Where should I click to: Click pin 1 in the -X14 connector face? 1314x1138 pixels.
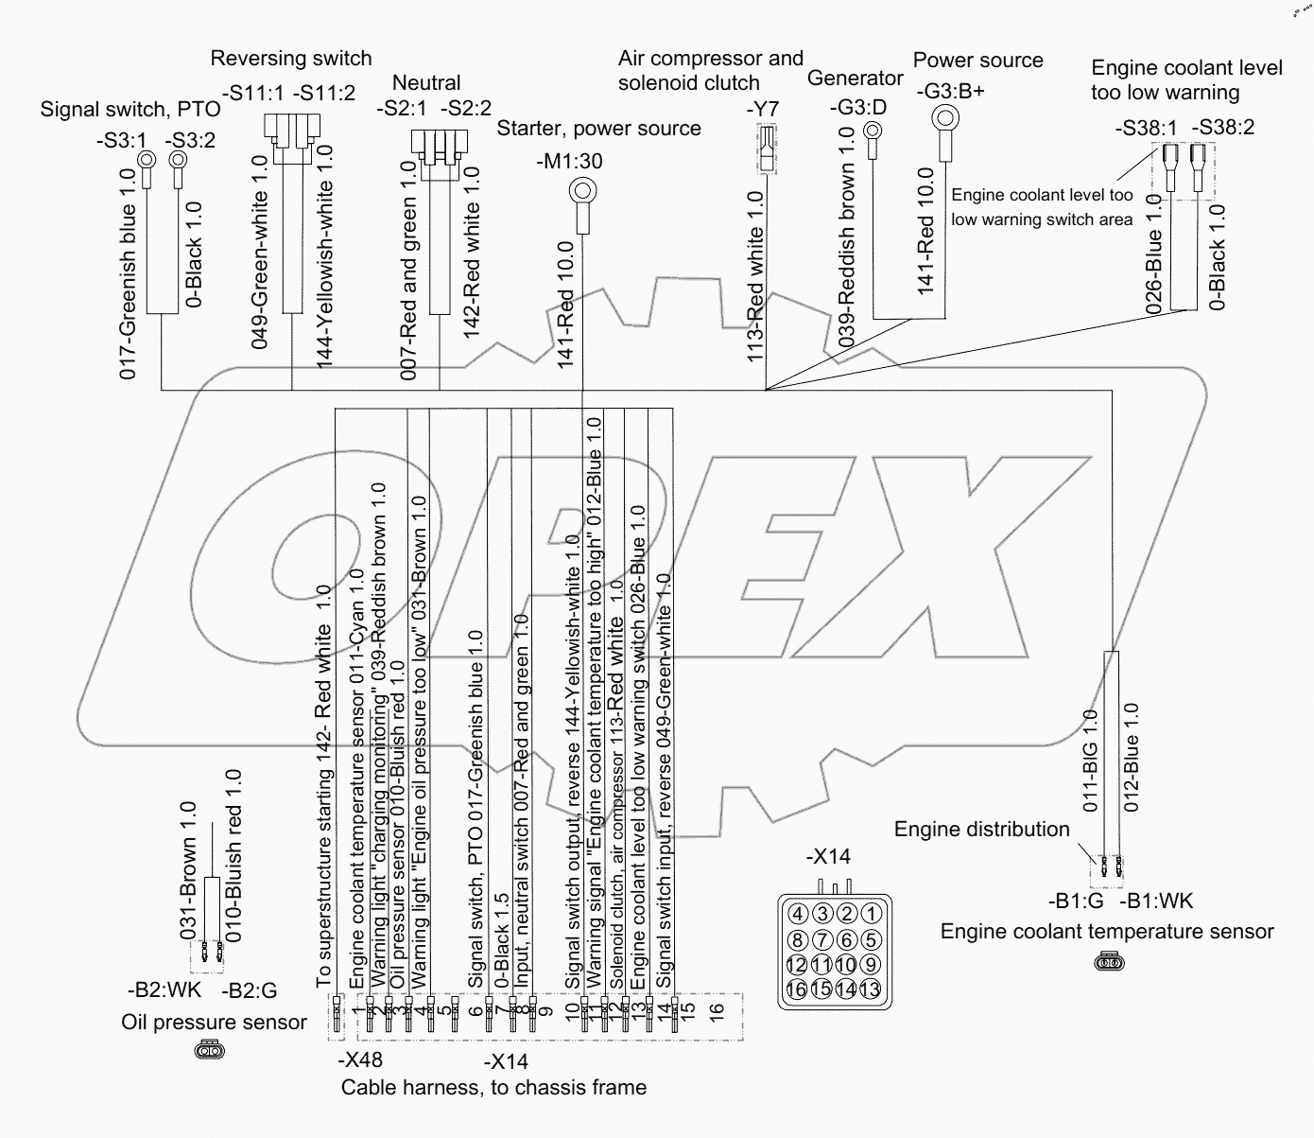[872, 915]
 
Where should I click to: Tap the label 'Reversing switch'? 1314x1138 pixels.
[291, 59]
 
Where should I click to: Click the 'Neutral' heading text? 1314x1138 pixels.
[426, 83]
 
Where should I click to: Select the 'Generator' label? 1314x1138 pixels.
[856, 79]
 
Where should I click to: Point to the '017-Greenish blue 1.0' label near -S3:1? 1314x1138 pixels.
[129, 274]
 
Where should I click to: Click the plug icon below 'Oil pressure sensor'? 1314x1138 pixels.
[208, 1050]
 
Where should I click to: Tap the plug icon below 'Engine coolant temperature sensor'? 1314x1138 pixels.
[1107, 964]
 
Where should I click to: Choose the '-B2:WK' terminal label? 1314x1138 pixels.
[164, 990]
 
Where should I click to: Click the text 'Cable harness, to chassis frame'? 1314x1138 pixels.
[493, 1088]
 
